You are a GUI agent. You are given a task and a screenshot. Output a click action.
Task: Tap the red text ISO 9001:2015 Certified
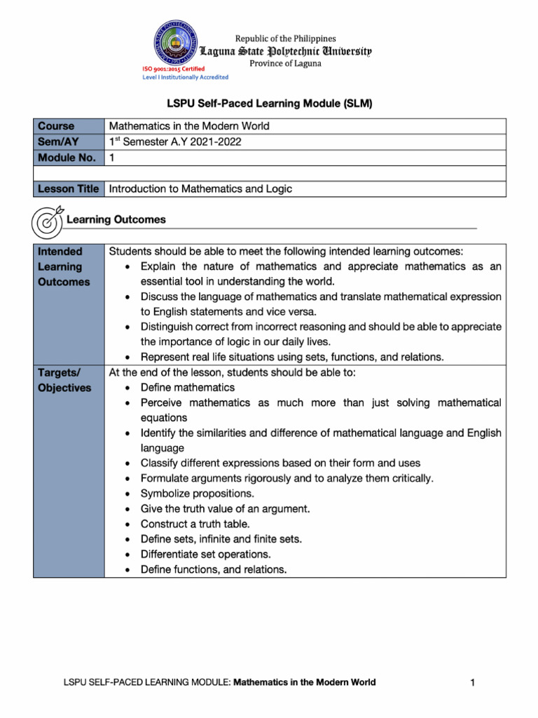coord(173,69)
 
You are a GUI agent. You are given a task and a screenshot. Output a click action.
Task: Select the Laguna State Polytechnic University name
coord(286,51)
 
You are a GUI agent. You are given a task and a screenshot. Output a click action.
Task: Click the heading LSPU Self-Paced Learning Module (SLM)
coord(269,104)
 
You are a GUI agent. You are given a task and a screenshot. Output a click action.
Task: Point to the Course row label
coord(56,126)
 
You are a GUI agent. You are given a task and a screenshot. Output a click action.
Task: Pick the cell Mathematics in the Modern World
coord(189,126)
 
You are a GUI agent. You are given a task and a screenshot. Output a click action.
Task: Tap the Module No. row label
coord(67,158)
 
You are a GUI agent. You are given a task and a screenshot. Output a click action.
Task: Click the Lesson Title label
coord(68,189)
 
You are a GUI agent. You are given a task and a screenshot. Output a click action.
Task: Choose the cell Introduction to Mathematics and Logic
coord(200,189)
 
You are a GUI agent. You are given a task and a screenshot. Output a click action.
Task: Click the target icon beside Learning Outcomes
coord(47,221)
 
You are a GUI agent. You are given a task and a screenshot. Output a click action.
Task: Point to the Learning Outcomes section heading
coord(116,219)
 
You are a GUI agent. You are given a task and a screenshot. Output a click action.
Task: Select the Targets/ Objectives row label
coord(64,380)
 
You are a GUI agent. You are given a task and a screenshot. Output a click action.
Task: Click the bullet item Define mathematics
coord(188,388)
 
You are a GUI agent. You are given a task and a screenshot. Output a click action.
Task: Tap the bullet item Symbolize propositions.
coord(198,494)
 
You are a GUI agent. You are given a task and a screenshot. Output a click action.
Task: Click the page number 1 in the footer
coord(474,682)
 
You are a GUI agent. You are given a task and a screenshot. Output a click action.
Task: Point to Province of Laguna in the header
coord(285,64)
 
